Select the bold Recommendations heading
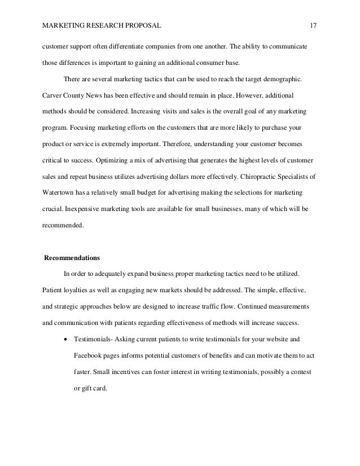click(72, 259)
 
